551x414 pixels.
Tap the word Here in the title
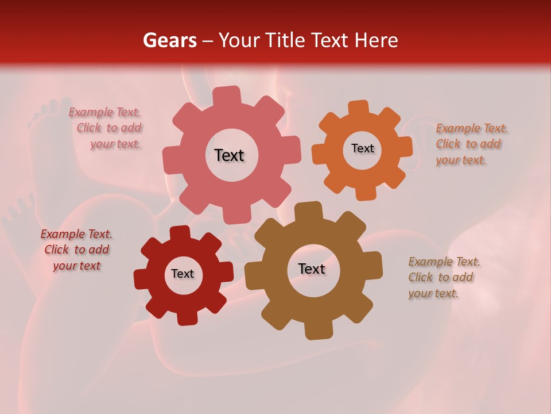[x=376, y=40]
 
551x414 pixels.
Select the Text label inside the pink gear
[x=229, y=155]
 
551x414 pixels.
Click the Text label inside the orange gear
[x=362, y=148]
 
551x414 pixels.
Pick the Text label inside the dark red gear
[x=183, y=274]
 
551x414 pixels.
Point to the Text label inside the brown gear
[x=312, y=269]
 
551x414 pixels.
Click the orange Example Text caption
[x=471, y=144]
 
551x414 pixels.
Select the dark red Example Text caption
[x=76, y=250]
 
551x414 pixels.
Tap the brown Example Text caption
[x=443, y=277]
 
